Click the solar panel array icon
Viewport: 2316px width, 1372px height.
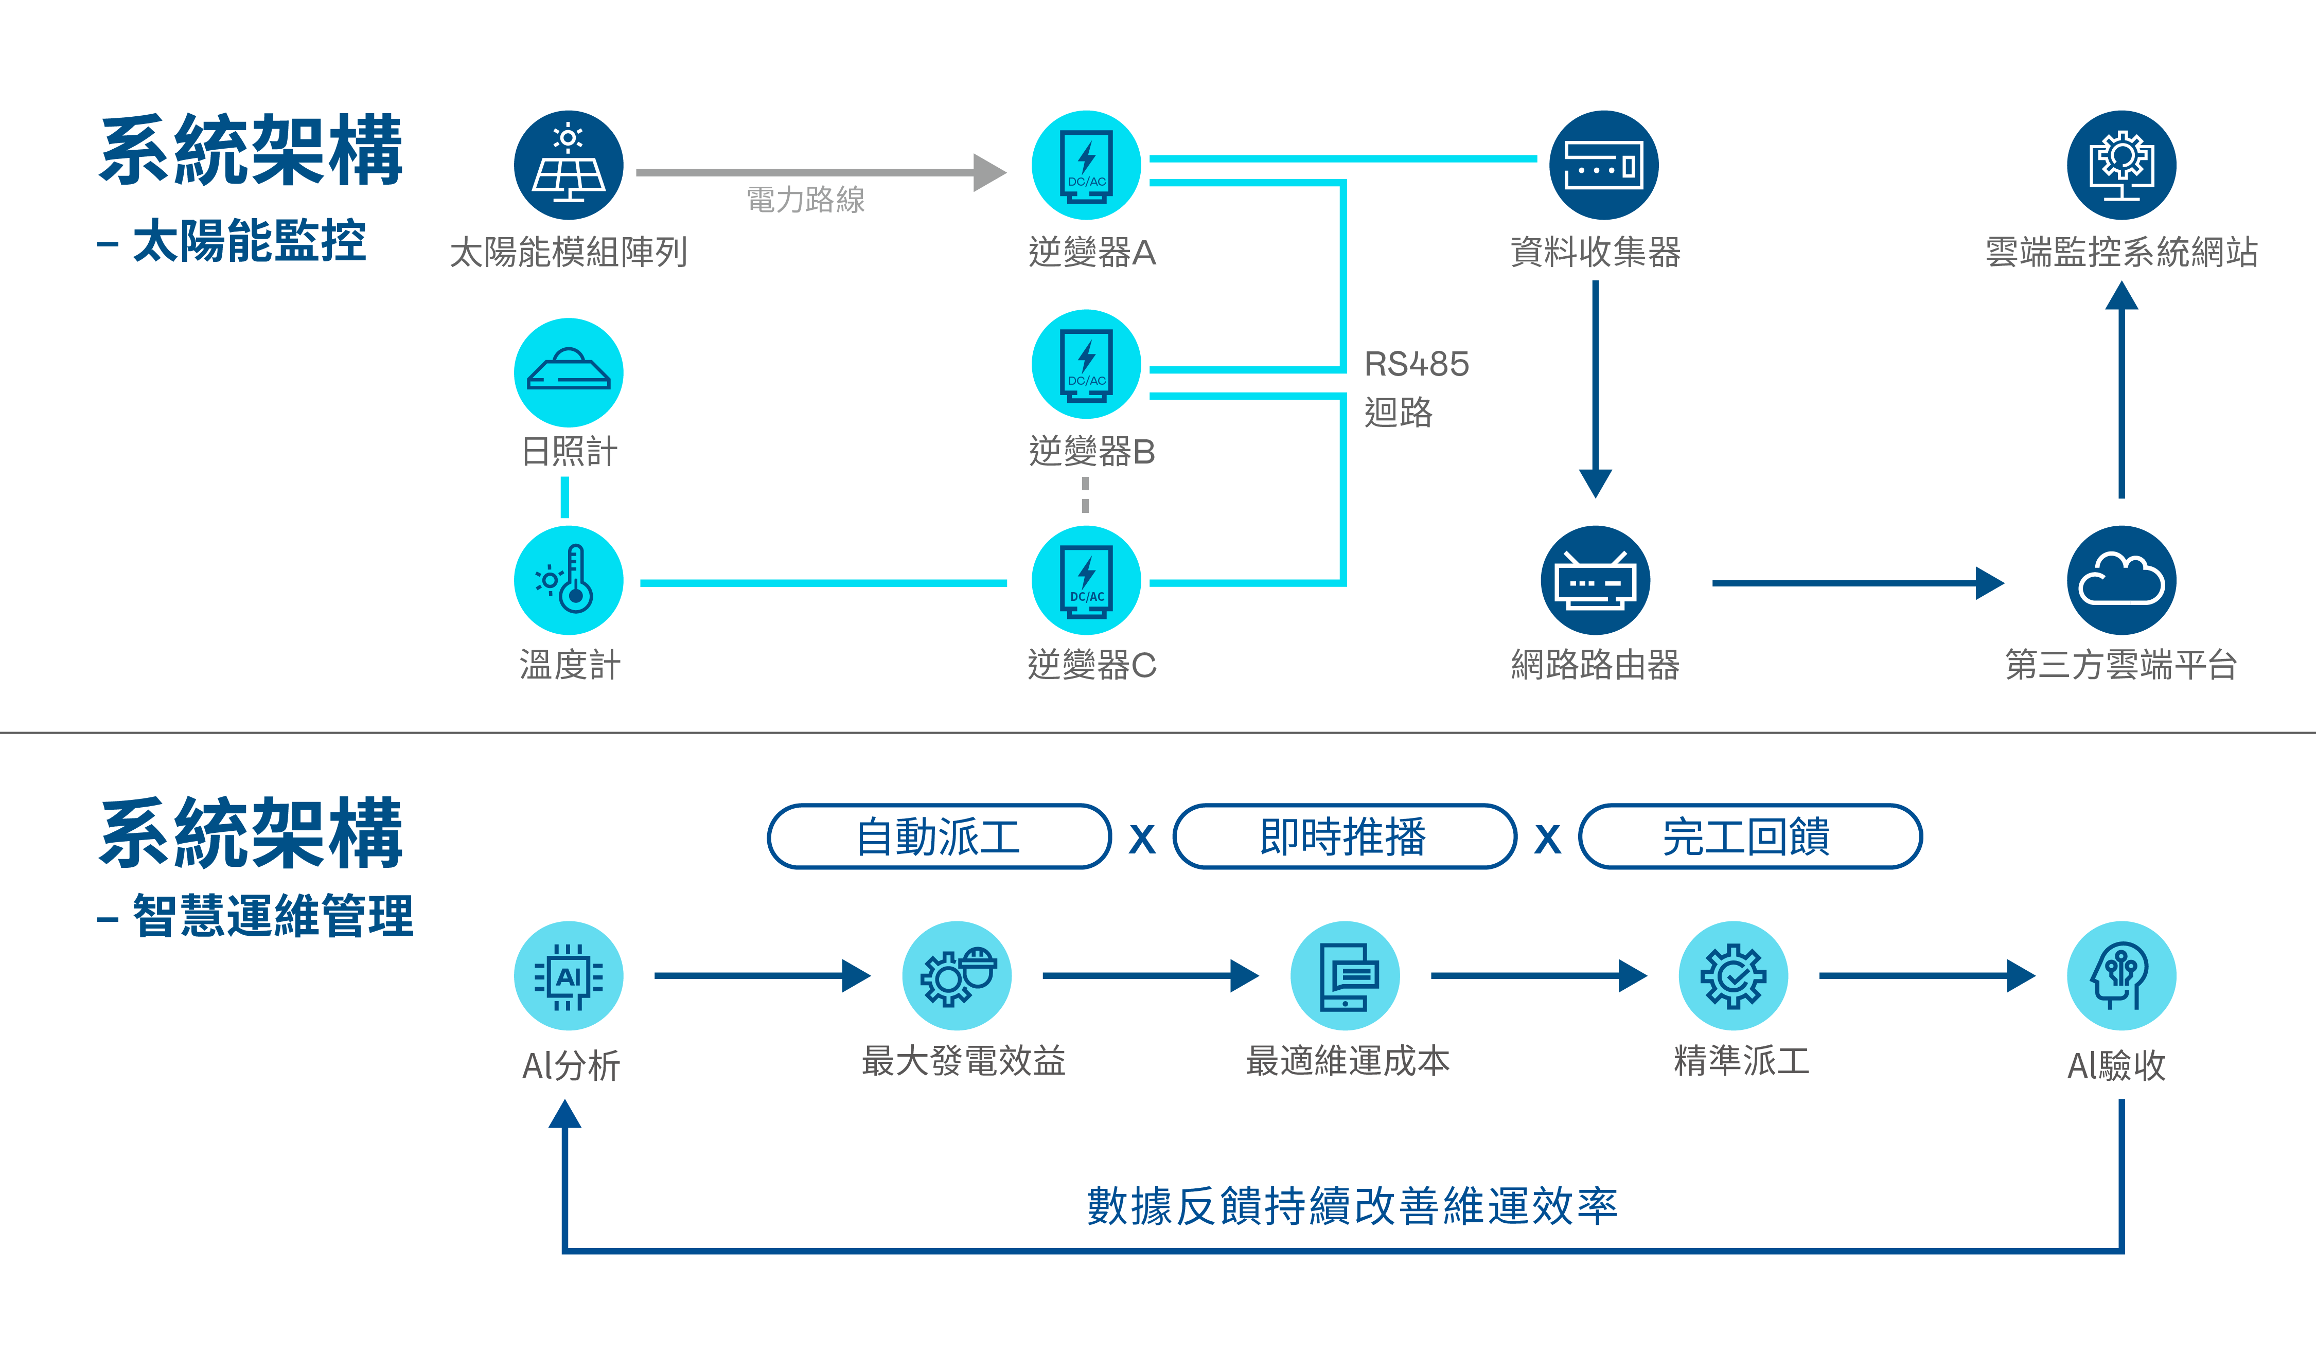point(569,166)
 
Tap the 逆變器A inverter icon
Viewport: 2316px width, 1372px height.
point(1086,166)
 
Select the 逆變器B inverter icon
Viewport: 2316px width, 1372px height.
point(1086,364)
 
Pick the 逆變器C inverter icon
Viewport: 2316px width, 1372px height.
point(1086,581)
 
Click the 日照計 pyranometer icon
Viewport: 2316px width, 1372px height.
point(569,372)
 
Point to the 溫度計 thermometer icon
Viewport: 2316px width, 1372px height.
point(569,581)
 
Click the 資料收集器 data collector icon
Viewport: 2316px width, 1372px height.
point(1603,166)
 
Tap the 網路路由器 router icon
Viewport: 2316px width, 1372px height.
point(1595,581)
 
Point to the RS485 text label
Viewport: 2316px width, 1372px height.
point(1417,364)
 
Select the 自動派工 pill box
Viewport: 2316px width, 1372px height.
point(939,836)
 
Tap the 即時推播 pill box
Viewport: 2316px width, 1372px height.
point(1345,836)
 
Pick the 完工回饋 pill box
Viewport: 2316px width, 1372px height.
point(1749,836)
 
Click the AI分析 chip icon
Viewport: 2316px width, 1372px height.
point(569,975)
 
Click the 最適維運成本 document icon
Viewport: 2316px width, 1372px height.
point(1345,975)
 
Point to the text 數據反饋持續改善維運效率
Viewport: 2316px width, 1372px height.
point(1352,1206)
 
